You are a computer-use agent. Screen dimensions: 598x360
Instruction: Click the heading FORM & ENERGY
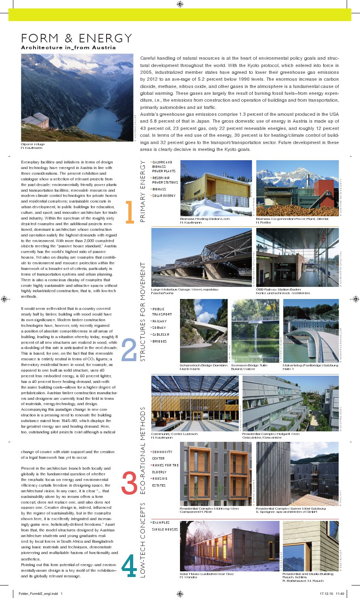(77, 38)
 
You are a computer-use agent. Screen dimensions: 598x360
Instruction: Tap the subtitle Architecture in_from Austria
(68, 48)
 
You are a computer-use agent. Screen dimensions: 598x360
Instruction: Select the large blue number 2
(129, 350)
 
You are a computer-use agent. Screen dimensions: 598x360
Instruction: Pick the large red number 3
(129, 482)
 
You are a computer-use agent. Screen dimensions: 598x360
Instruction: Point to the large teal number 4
(129, 566)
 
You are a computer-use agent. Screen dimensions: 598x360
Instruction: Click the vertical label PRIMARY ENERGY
(143, 191)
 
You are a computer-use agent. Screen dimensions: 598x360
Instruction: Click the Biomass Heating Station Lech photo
(216, 188)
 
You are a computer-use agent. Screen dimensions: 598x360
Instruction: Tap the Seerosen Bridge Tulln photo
(255, 330)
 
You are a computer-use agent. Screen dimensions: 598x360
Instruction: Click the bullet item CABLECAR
(161, 335)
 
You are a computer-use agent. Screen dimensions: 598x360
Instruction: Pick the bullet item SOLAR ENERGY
(164, 196)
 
